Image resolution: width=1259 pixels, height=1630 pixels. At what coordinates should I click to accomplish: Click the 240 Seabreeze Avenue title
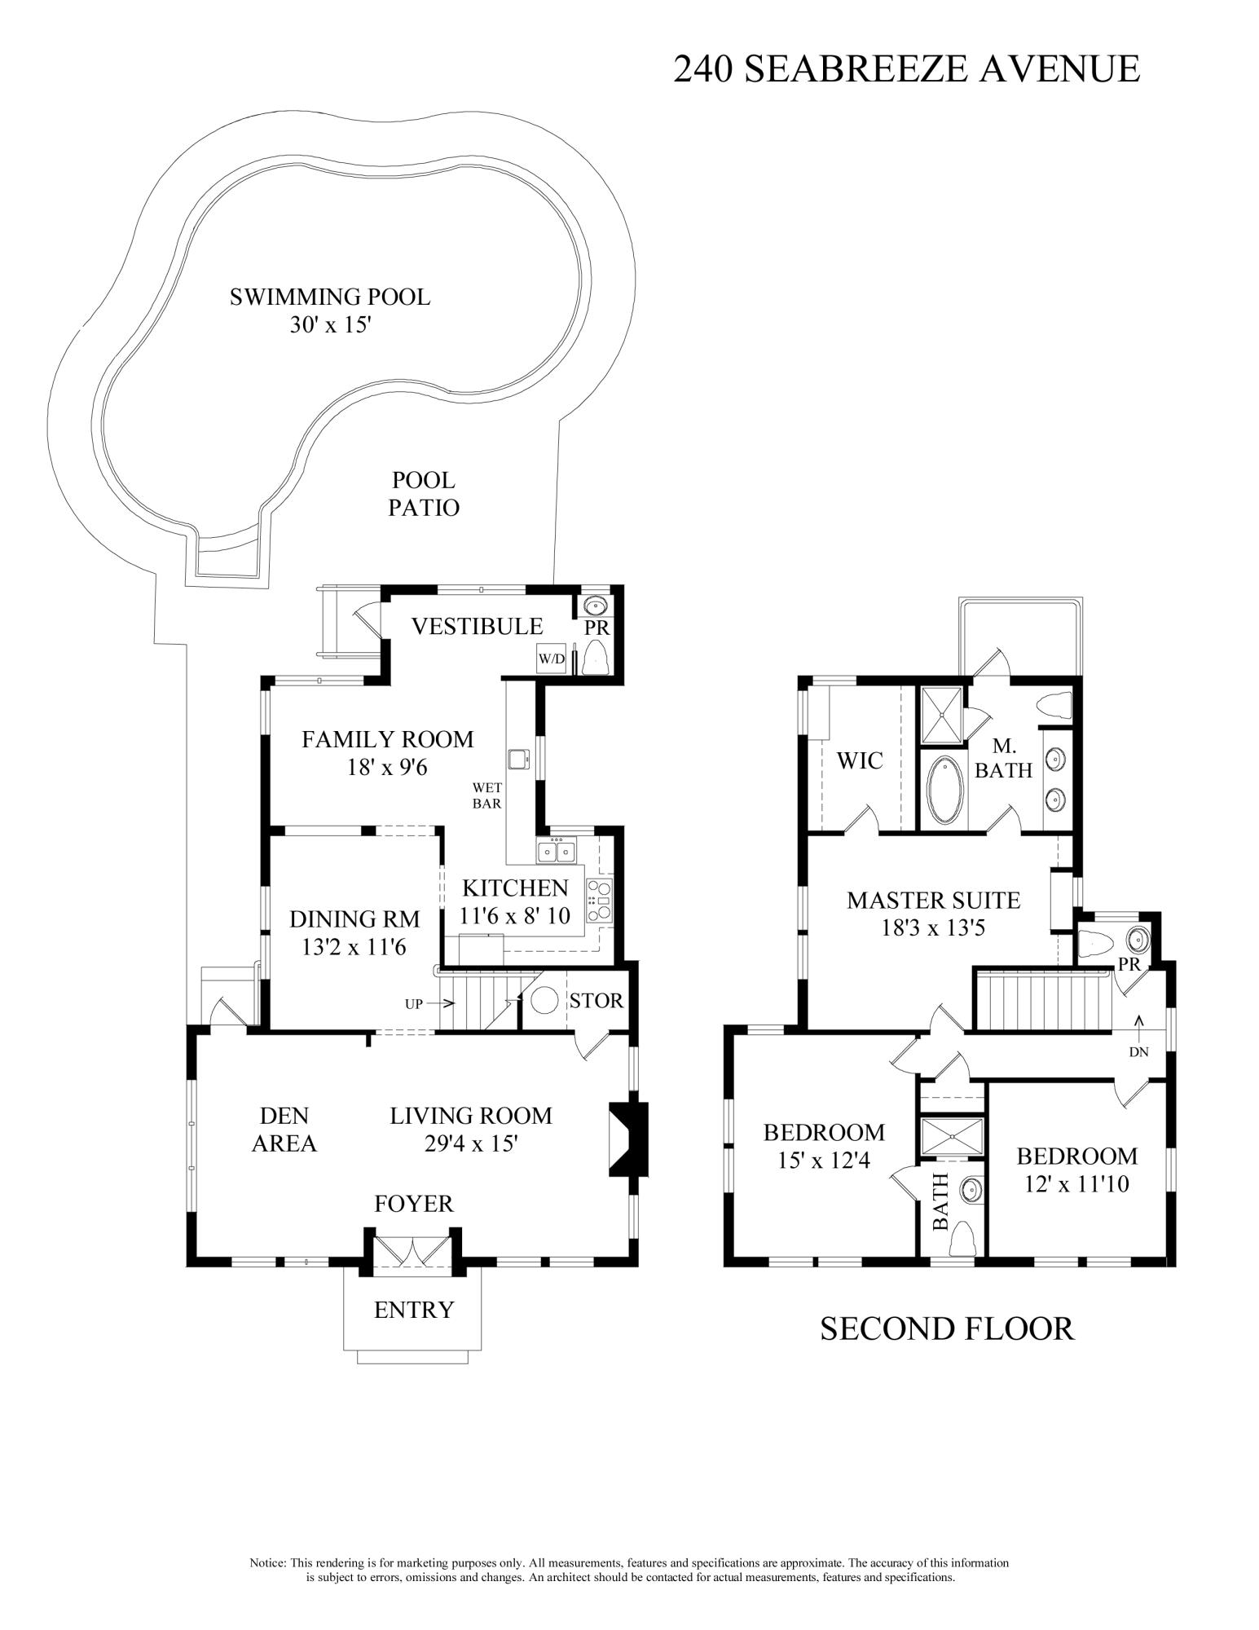(905, 68)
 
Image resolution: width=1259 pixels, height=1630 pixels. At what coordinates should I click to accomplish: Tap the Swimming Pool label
(329, 297)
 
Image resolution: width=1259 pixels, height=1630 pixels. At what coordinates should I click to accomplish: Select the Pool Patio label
(423, 494)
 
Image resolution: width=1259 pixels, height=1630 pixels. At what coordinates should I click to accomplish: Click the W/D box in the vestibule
(551, 659)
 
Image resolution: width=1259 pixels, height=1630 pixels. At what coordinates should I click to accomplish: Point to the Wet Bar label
(486, 795)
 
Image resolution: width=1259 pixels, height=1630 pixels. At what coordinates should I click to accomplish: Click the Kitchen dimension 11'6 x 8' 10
(514, 916)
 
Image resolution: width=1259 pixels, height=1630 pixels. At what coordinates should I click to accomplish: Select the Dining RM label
(354, 919)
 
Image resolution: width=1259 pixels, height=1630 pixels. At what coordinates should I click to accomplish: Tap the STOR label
(596, 1001)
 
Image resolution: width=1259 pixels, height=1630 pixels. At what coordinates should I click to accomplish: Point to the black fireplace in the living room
(627, 1139)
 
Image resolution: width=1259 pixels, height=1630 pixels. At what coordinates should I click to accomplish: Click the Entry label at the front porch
(413, 1310)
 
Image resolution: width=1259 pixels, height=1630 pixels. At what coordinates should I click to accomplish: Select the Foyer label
(413, 1203)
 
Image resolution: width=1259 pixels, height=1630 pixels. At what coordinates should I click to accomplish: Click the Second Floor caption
(947, 1328)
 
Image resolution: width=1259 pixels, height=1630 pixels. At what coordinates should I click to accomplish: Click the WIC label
(860, 760)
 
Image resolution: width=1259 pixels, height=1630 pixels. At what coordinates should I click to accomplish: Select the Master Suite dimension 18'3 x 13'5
(933, 927)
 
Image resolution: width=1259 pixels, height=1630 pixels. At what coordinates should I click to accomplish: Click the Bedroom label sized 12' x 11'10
(1076, 1156)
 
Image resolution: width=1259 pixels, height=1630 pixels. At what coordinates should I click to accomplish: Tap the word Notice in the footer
(267, 1564)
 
